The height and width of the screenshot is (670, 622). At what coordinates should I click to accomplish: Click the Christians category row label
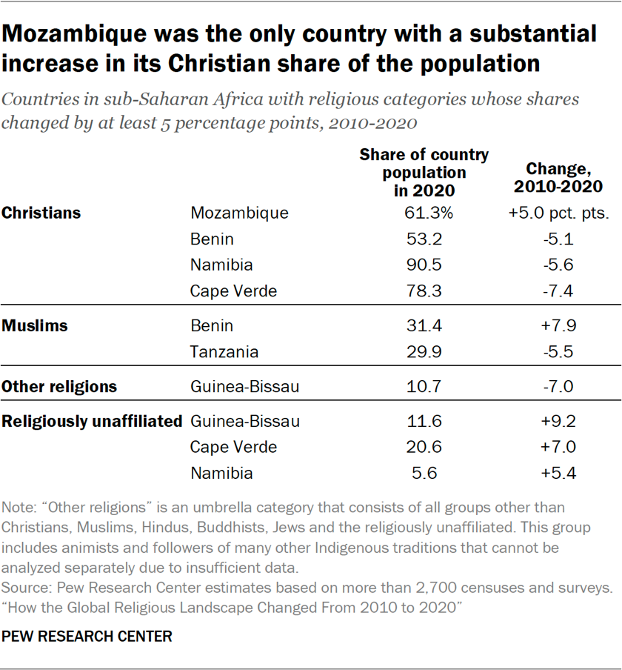coord(41,213)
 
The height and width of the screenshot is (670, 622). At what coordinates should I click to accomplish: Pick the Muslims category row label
coord(35,325)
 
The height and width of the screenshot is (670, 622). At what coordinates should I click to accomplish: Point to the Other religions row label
coord(59,387)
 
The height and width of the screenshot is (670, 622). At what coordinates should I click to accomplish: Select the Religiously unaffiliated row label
coord(92,422)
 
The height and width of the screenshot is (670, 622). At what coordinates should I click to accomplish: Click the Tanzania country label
coord(224,352)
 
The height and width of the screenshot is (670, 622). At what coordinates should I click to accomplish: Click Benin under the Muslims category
coord(212,325)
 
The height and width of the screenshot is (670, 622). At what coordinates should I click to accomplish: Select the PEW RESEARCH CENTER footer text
coord(87,636)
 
